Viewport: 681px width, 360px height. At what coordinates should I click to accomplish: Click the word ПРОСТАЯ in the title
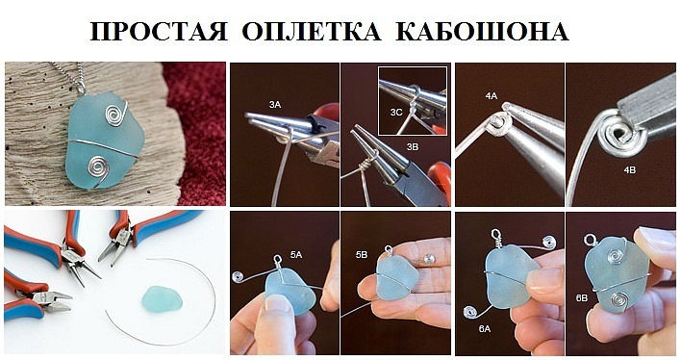pyautogui.click(x=159, y=31)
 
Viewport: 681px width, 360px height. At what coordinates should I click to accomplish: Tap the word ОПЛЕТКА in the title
pyautogui.click(x=312, y=31)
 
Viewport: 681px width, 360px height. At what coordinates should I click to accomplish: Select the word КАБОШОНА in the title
pyautogui.click(x=482, y=31)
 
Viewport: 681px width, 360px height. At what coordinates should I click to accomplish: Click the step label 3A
pyautogui.click(x=275, y=104)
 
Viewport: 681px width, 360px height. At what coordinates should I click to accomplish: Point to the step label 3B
pyautogui.click(x=413, y=147)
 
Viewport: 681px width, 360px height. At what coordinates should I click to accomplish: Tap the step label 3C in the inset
pyautogui.click(x=396, y=113)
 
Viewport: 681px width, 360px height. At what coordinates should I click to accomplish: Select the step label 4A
pyautogui.click(x=492, y=96)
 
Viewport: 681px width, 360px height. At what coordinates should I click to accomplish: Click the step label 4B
pyautogui.click(x=629, y=169)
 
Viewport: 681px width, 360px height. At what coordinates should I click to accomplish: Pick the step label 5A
pyautogui.click(x=295, y=255)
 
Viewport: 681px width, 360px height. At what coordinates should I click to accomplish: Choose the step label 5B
pyautogui.click(x=362, y=255)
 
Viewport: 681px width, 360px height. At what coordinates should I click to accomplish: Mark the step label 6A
pyautogui.click(x=485, y=329)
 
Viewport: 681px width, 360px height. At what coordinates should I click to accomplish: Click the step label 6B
pyautogui.click(x=582, y=298)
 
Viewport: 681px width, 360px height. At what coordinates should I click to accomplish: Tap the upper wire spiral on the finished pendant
pyautogui.click(x=114, y=114)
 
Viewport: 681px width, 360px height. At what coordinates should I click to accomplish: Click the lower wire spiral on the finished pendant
pyautogui.click(x=96, y=167)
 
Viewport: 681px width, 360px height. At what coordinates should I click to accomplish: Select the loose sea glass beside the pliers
pyautogui.click(x=162, y=299)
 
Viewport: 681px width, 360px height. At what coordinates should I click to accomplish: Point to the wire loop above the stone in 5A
pyautogui.click(x=276, y=260)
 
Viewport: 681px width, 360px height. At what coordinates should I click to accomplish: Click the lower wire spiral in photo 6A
pyautogui.click(x=470, y=312)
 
